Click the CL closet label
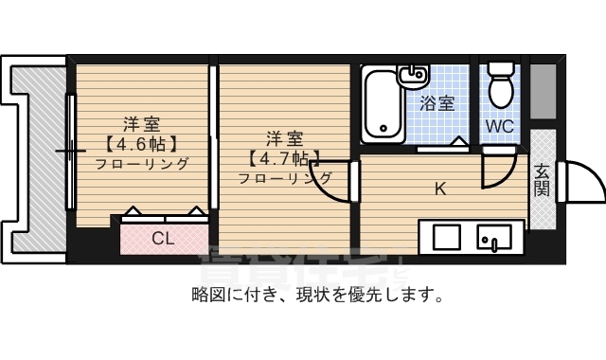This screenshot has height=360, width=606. point(163,239)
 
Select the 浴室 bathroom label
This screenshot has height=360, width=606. point(437,103)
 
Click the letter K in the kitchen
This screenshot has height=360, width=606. point(439,188)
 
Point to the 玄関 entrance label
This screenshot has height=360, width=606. point(542,180)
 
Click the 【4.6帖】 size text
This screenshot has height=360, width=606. point(140,144)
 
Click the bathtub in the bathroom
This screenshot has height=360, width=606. point(382,103)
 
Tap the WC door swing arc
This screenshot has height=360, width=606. point(494,171)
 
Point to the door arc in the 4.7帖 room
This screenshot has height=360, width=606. point(334,186)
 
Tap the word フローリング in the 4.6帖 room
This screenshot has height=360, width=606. point(141,163)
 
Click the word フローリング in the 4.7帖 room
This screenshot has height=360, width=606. point(284,178)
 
